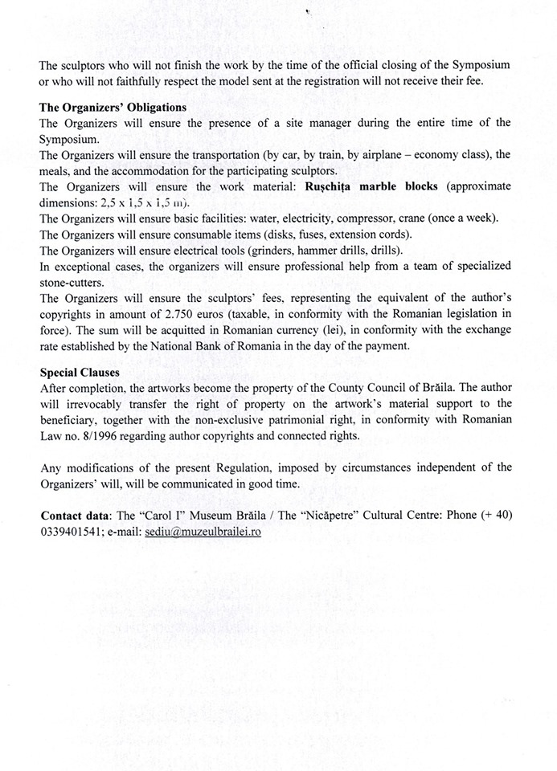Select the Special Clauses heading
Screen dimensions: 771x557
point(80,372)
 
